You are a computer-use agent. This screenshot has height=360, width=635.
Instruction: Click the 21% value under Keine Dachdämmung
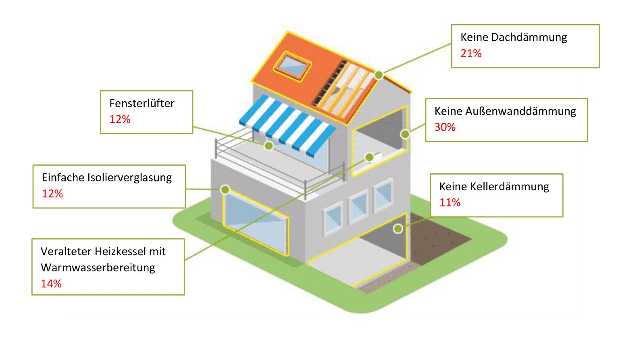pos(471,53)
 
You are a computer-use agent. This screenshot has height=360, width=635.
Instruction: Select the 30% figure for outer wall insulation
pos(445,127)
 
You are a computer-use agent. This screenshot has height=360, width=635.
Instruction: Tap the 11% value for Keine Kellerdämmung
pos(450,202)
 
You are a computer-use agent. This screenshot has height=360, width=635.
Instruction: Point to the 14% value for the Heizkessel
pos(51,284)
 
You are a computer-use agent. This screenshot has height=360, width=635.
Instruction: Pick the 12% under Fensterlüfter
pos(120,119)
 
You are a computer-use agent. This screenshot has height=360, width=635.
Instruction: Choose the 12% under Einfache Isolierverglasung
pos(52,194)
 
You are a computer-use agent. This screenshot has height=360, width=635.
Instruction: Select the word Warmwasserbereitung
pos(98,268)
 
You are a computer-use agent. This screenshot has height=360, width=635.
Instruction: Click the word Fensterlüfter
pos(142,104)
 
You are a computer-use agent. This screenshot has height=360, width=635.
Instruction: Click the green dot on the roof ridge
pos(378,75)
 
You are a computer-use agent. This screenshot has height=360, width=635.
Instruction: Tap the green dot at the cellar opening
pos(398,229)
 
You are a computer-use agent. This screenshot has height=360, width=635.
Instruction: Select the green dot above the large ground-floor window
pos(225,189)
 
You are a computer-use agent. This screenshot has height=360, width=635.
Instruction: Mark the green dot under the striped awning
pos(269,146)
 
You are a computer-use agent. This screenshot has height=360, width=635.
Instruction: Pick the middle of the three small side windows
pos(358,206)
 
